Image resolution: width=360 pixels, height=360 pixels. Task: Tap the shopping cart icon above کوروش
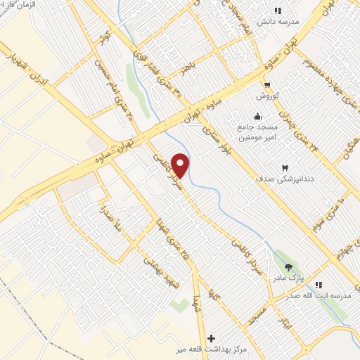pyautogui.click(x=266, y=84)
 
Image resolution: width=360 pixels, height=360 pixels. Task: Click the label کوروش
pyautogui.click(x=267, y=96)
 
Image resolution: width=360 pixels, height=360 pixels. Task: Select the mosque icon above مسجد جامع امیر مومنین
pyautogui.click(x=257, y=117)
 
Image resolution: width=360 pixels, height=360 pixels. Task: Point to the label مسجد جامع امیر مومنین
pyautogui.click(x=257, y=132)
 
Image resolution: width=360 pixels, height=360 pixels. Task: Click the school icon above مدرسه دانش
pyautogui.click(x=277, y=11)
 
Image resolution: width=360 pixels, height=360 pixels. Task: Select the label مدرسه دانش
pyautogui.click(x=278, y=22)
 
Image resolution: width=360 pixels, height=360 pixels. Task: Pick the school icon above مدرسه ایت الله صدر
pyautogui.click(x=319, y=285)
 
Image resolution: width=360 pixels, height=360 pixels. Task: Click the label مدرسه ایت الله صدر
pyautogui.click(x=318, y=296)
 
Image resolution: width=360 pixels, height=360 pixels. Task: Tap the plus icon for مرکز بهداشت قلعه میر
pyautogui.click(x=210, y=338)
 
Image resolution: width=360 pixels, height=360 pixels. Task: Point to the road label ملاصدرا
pyautogui.click(x=115, y=221)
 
